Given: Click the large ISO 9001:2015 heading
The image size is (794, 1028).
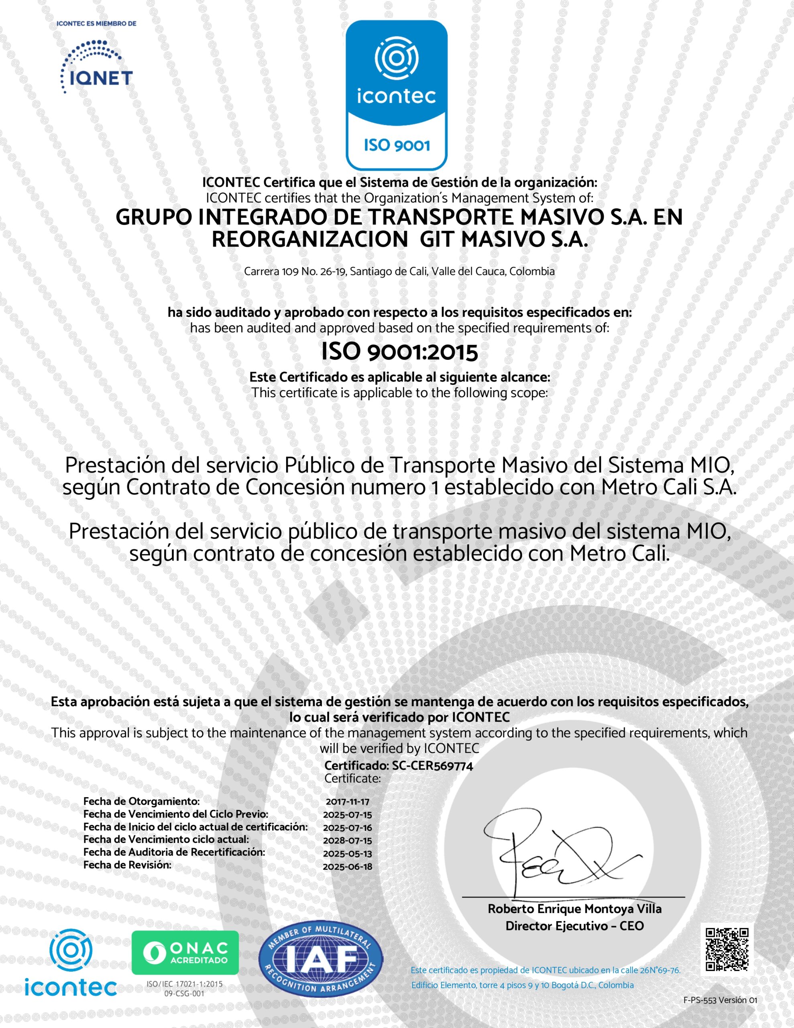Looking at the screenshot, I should point(399,352).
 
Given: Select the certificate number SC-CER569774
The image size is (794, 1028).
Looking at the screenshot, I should point(432,766).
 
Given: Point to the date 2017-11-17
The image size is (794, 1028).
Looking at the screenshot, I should point(347,802).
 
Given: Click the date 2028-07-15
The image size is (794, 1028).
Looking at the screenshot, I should point(347,840).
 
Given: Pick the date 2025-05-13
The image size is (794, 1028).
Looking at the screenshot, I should point(347,853).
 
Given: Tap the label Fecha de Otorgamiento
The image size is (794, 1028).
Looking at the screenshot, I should point(141,801).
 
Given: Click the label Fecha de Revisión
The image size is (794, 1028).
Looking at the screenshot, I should point(127,865).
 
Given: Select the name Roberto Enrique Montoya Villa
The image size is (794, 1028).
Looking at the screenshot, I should point(574,909).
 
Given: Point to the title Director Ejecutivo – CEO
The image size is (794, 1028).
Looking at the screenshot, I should point(574,926).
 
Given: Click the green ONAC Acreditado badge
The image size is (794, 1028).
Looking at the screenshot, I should point(185,953).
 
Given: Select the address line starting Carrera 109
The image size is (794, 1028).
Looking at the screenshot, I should point(399,271).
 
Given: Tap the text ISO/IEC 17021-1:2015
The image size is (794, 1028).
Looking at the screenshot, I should point(185,984).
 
